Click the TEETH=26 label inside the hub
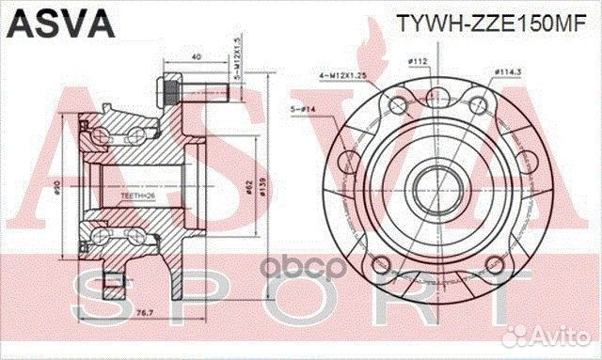(135, 195)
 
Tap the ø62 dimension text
(247, 189)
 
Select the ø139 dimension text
(262, 189)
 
